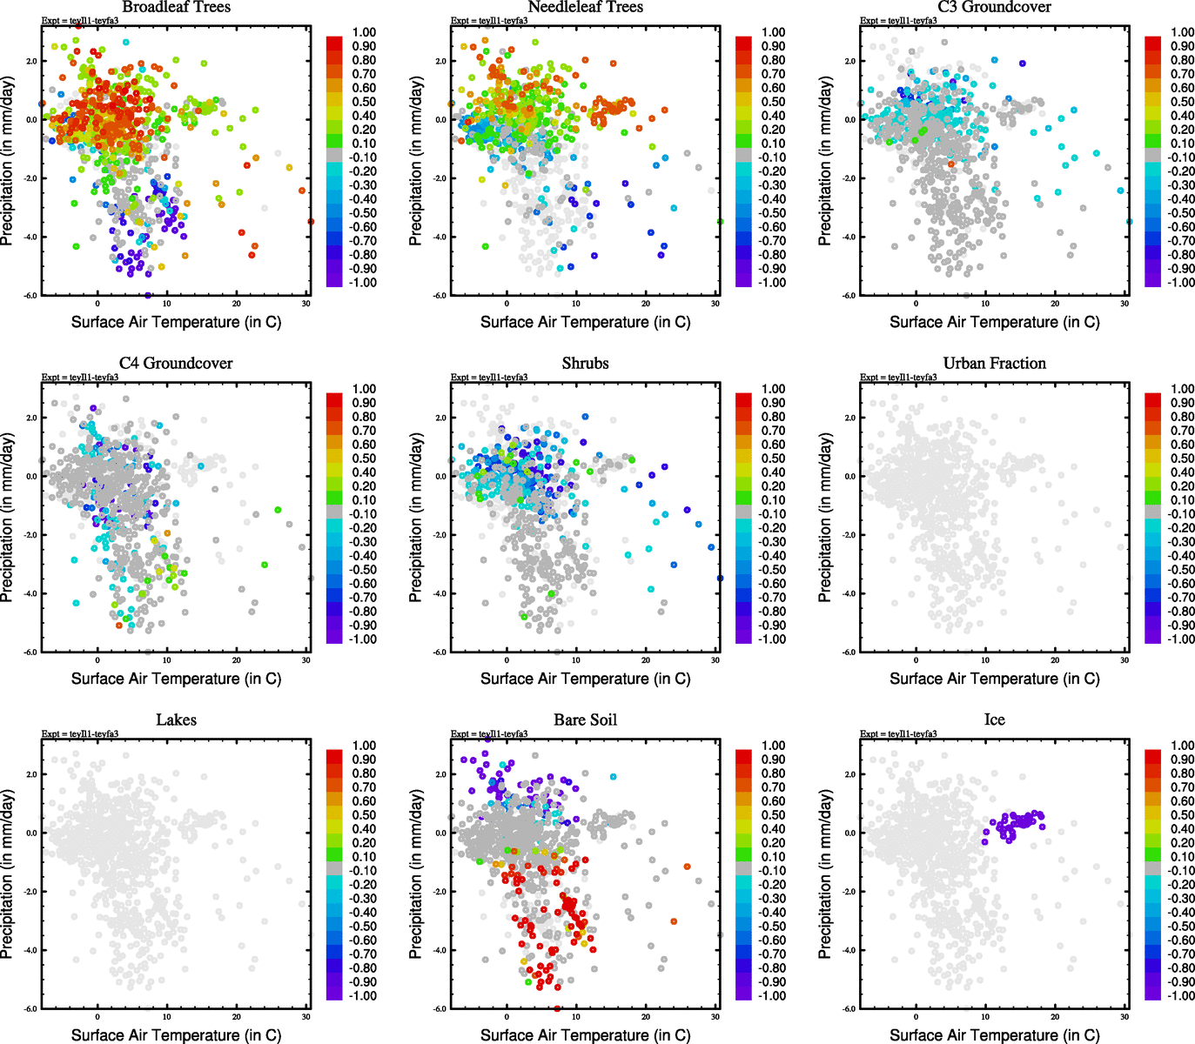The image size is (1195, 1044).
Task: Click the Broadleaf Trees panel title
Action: pos(176,7)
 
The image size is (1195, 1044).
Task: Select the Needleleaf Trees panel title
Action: pos(585,7)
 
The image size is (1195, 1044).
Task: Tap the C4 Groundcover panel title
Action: pos(176,364)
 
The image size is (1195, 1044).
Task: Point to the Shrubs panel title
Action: pos(585,364)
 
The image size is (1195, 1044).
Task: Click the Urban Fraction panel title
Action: pos(994,364)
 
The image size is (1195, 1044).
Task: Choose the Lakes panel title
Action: pos(176,720)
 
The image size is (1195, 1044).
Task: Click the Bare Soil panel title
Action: pos(585,720)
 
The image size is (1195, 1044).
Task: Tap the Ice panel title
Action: pos(994,720)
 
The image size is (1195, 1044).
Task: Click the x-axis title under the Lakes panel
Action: pos(176,1035)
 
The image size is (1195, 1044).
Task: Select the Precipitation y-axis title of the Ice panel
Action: pos(825,874)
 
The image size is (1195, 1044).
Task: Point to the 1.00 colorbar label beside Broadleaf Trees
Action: pos(364,32)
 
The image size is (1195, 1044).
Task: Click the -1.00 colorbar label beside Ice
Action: pos(1180,996)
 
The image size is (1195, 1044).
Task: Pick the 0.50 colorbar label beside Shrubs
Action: pos(773,458)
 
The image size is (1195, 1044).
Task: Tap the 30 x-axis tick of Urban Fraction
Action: pos(1125,660)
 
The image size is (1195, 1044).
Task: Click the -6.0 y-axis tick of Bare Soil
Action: pos(440,1008)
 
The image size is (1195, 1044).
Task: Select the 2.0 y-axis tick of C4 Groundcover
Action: pos(31,418)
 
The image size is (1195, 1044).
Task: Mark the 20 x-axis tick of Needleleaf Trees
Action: pos(646,304)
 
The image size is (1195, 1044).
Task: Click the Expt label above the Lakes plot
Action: pos(80,733)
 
